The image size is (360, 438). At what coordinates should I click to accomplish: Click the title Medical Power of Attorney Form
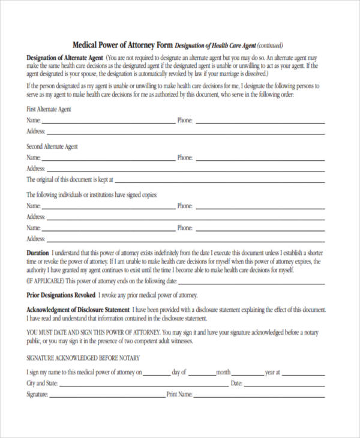(x=122, y=45)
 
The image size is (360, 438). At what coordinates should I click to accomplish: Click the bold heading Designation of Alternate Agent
(x=64, y=57)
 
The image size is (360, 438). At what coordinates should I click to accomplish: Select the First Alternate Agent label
(x=49, y=109)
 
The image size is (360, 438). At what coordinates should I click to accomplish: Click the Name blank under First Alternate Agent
(x=108, y=122)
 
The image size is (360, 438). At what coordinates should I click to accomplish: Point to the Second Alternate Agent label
(x=52, y=146)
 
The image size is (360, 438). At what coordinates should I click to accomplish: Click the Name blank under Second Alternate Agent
(x=108, y=159)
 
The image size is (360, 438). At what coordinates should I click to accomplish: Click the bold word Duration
(x=38, y=253)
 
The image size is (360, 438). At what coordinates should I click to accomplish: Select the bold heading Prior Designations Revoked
(x=61, y=295)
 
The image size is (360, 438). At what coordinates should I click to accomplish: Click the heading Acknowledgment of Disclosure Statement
(x=77, y=310)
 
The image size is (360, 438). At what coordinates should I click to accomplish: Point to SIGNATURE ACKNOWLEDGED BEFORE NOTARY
(x=83, y=358)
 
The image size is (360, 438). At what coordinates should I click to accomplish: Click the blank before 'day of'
(x=157, y=373)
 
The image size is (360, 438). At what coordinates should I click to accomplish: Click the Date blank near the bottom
(x=284, y=384)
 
